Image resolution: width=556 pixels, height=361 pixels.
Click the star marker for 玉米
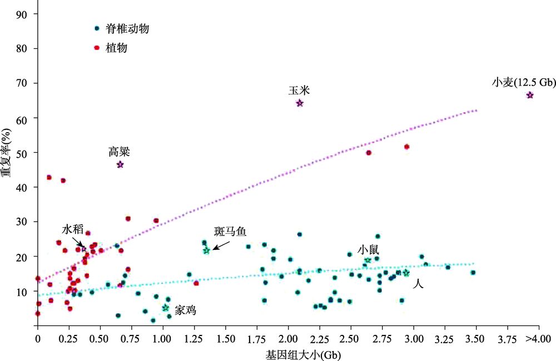300,103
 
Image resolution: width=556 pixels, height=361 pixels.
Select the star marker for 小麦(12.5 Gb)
530,96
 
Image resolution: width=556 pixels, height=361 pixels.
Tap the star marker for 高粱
120,165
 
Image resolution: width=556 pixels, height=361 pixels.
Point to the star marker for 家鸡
166,308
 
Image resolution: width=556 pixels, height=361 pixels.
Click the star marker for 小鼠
368,260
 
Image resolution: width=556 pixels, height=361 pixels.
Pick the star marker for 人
406,273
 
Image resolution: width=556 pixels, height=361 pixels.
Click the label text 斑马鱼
230,232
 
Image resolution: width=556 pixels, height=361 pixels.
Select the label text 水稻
72,229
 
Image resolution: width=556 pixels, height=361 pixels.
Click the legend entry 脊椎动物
129,28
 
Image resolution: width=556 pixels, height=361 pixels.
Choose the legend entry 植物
118,48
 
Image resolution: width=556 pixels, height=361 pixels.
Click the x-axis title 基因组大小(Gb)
288,353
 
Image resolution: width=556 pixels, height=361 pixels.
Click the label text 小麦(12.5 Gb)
523,82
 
